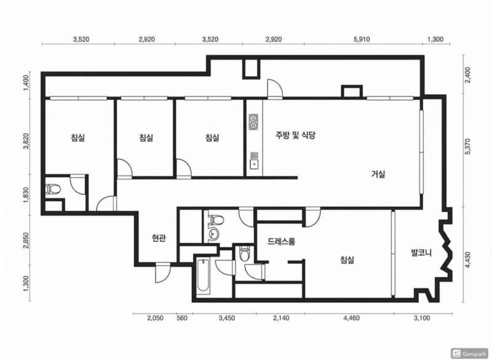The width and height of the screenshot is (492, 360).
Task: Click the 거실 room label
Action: click(378, 174)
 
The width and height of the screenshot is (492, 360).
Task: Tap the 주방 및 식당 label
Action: click(295, 135)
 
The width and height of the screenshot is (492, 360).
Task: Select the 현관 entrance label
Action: click(159, 239)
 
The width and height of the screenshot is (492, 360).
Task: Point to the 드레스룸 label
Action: click(282, 241)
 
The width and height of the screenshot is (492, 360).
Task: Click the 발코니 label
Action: click(421, 252)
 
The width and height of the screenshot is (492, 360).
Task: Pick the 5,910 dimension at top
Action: click(362, 39)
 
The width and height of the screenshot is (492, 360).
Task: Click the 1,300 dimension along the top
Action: click(435, 39)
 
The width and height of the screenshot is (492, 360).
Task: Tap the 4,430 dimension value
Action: click(468, 260)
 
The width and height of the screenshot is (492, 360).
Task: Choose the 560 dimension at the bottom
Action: click(182, 318)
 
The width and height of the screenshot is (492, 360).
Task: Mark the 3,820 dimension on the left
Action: click(26, 142)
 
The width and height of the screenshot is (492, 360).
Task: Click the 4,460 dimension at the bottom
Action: click(351, 318)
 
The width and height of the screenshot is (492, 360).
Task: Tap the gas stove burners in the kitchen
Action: click(253, 122)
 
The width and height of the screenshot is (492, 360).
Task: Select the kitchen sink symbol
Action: click(254, 161)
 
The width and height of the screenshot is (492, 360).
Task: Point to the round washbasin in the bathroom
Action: click(214, 233)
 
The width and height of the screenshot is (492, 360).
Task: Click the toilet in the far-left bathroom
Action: click(53, 190)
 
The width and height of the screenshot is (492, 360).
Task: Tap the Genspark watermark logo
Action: click(470, 353)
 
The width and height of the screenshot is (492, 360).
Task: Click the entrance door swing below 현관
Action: click(163, 273)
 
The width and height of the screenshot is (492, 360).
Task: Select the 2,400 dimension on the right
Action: click(468, 74)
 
